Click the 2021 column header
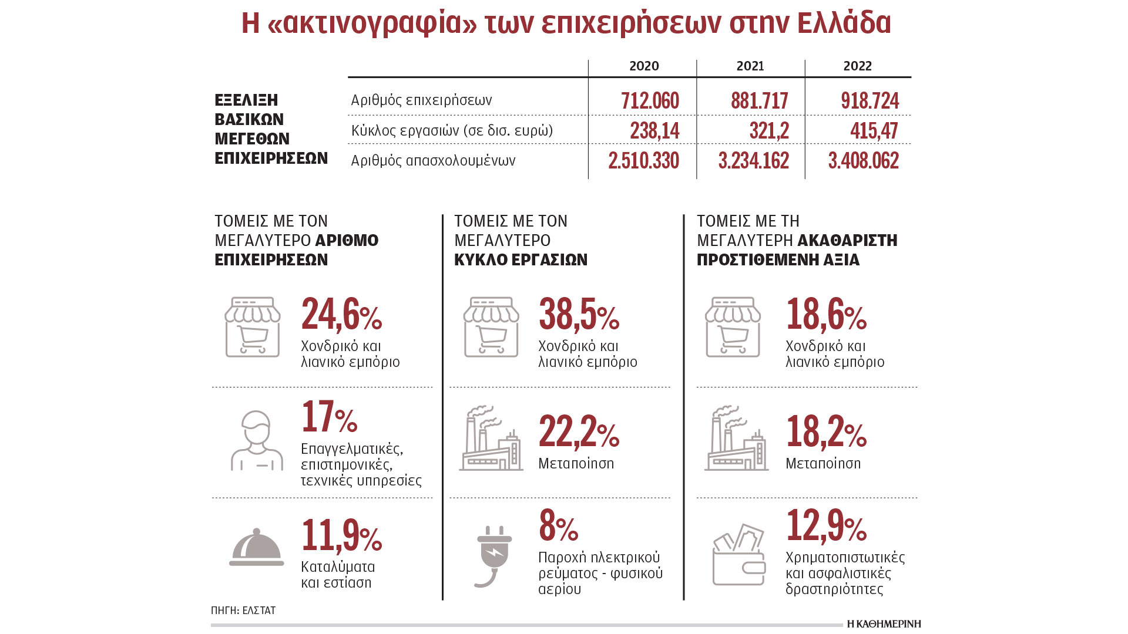click(x=750, y=66)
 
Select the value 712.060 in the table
click(x=650, y=100)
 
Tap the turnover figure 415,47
click(x=874, y=130)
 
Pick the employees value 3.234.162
click(x=753, y=160)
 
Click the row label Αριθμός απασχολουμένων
click(x=433, y=160)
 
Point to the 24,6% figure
click(x=341, y=315)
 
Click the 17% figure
click(x=329, y=417)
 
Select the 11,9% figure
click(x=341, y=535)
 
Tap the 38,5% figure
click(x=579, y=315)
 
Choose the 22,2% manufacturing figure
click(x=579, y=432)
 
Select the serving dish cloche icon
click(x=256, y=548)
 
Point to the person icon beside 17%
click(x=256, y=440)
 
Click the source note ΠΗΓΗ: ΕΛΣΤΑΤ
click(x=243, y=611)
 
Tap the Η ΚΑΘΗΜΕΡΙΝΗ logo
click(x=884, y=623)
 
